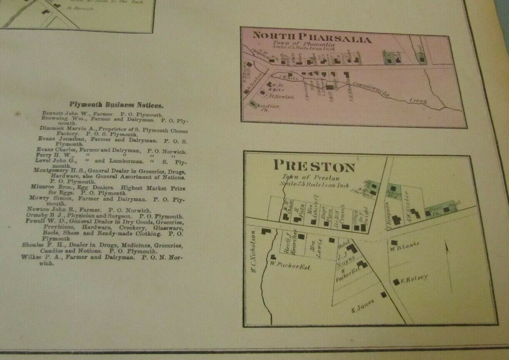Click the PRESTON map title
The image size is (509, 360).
pyautogui.click(x=314, y=166)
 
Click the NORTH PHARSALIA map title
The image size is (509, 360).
pyautogui.click(x=312, y=39)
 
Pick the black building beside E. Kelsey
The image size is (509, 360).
pyautogui.click(x=396, y=282)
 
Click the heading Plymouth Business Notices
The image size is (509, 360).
pyautogui.click(x=116, y=105)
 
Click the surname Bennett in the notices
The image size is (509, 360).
pyautogui.click(x=52, y=113)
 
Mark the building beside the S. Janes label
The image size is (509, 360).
pyautogui.click(x=383, y=295)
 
